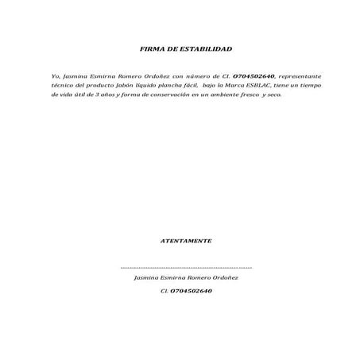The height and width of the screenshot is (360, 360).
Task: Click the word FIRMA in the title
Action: (x=151, y=49)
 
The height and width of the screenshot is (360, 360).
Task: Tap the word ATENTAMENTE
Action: (x=185, y=239)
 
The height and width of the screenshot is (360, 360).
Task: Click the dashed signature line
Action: (x=185, y=269)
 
